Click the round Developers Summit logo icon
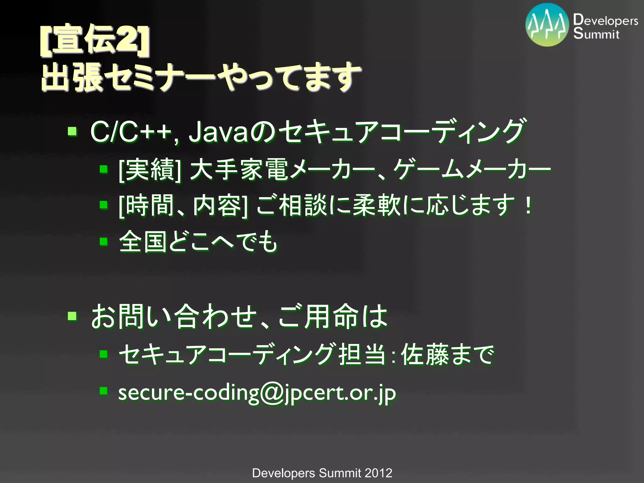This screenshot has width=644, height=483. click(547, 25)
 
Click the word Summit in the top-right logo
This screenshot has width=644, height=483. click(596, 33)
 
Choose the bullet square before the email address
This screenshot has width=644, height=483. click(103, 391)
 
